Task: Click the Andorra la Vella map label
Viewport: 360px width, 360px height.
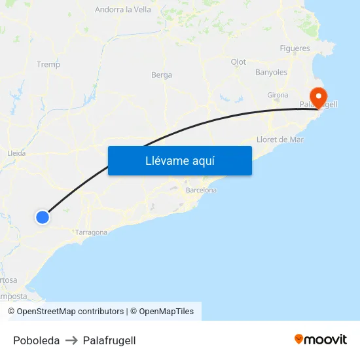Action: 123,10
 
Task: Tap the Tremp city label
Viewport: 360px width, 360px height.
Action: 48,64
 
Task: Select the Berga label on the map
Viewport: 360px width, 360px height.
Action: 162,75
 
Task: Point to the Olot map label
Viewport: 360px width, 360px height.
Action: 238,62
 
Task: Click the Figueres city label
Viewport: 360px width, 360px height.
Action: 295,48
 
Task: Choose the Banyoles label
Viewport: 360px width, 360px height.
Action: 271,72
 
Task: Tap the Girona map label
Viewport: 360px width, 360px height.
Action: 278,96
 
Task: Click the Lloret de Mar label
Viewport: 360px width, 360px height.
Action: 280,139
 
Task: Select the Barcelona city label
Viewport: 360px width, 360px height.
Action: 201,190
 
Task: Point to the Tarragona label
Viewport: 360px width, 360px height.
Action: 91,232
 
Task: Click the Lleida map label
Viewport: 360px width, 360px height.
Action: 16,153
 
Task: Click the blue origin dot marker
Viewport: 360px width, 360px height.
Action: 43,217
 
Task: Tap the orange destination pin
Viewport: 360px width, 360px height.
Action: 319,98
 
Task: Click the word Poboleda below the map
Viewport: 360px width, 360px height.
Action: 36,340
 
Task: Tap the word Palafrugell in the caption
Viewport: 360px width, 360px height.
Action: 109,340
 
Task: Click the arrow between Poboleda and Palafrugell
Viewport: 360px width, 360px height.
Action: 71,340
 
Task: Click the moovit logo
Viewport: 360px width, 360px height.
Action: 321,339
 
